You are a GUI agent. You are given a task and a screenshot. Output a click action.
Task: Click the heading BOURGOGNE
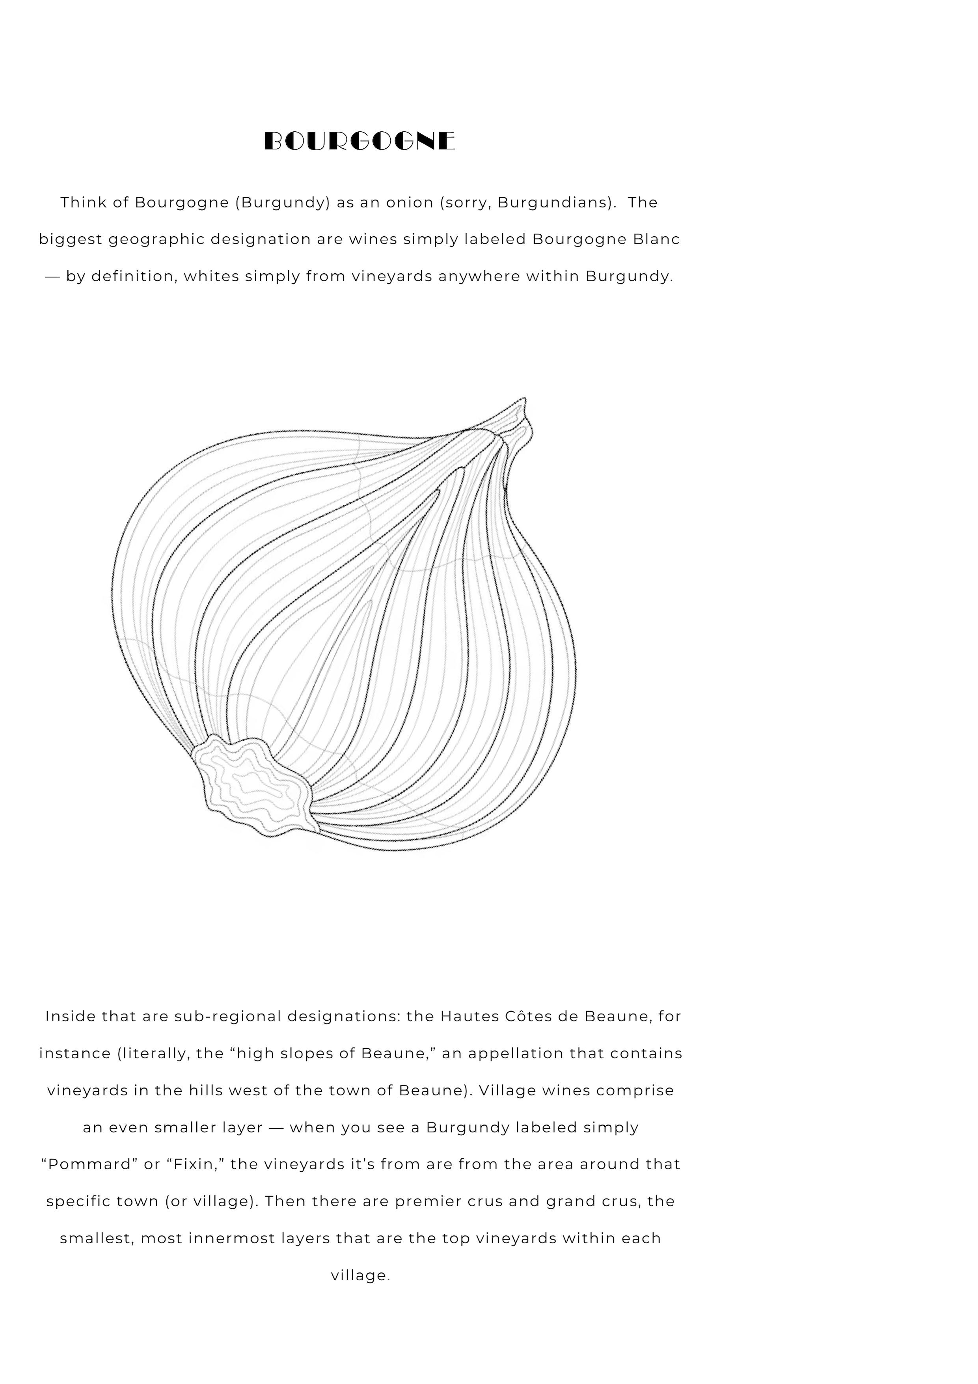point(360,141)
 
